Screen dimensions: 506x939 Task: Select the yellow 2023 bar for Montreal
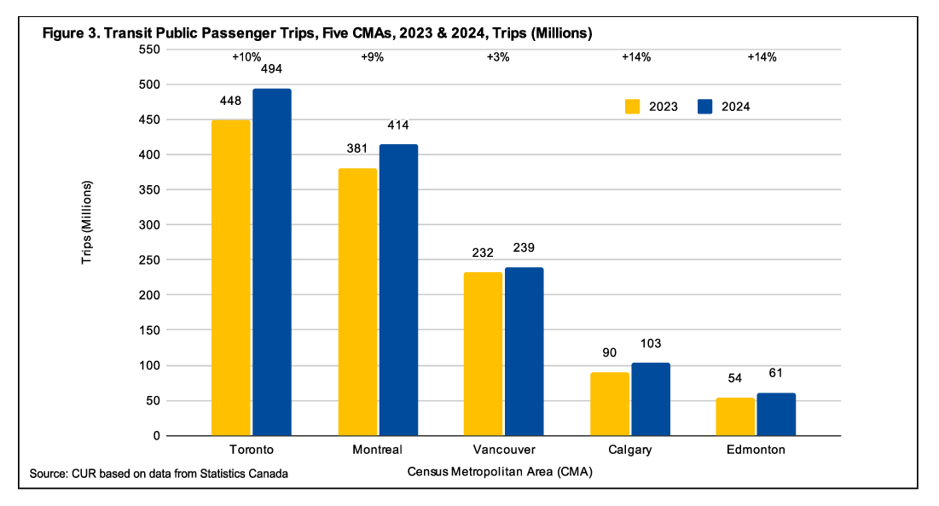point(356,302)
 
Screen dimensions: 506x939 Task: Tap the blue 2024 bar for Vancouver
point(525,352)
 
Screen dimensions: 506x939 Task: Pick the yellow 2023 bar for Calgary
point(609,404)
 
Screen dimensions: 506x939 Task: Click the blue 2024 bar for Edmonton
point(776,414)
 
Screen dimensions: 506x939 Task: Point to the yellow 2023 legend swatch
point(633,107)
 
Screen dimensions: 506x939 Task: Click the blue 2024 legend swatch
point(705,107)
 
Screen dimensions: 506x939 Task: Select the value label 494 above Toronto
point(271,73)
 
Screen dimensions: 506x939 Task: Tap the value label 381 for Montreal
point(356,148)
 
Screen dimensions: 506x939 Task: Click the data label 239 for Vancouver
point(524,248)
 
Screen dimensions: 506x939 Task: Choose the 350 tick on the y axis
point(149,190)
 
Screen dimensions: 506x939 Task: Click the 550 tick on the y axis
point(149,49)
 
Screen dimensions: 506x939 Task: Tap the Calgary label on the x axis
point(629,450)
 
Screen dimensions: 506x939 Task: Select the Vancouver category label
point(503,450)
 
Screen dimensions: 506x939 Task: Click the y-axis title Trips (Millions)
point(87,222)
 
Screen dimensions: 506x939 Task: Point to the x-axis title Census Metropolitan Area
point(500,472)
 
